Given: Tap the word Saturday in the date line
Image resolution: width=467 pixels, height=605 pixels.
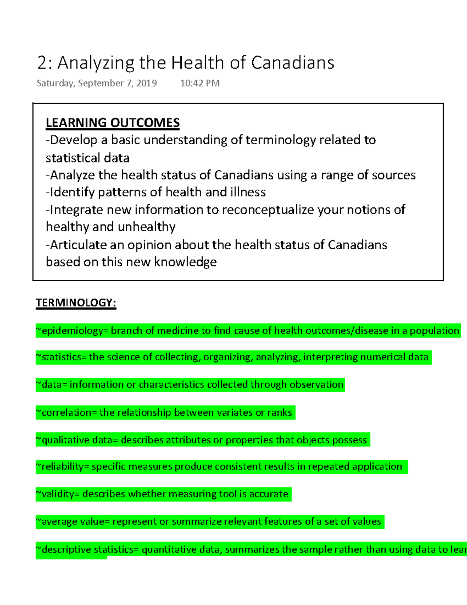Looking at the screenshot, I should point(55,83).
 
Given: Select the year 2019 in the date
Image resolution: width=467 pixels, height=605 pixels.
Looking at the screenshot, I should point(146,83).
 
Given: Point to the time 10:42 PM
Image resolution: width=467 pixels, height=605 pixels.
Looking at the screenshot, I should point(200,83).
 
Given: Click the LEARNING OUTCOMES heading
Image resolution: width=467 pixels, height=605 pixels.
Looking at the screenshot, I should point(112,123).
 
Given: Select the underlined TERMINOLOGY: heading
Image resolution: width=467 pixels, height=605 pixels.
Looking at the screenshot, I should point(76,303).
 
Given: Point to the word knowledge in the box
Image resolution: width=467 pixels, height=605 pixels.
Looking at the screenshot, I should point(185,262).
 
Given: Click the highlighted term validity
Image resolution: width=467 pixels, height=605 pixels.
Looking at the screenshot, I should point(57,494).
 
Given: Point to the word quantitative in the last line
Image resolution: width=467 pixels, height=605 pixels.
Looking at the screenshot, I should point(169,550).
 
